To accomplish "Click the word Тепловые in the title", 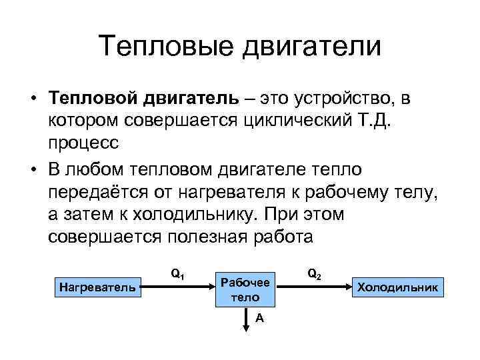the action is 168,47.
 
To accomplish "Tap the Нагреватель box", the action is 97,287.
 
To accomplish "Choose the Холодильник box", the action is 398,287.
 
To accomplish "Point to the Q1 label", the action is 177,273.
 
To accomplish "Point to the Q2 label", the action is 314,273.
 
